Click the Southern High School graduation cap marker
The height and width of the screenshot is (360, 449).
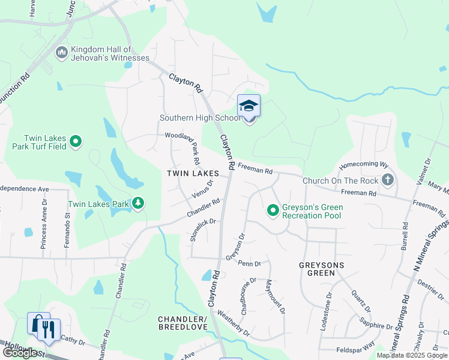pos(249,107)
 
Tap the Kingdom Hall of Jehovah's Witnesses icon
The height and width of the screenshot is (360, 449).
pos(61,53)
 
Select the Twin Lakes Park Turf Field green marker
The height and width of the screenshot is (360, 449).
pos(76,142)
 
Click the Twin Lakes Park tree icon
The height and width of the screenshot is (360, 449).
pos(139,204)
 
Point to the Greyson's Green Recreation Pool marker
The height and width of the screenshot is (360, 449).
pos(273,211)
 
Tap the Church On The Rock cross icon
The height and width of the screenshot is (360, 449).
pos(388,180)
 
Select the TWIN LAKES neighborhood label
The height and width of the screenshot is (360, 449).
pos(193,173)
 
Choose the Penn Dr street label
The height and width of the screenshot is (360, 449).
pos(249,263)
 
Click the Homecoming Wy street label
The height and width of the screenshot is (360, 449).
pos(364,164)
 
